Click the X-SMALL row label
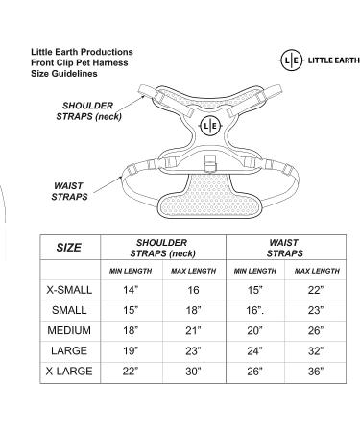pos(69,290)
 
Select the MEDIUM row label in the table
pos(69,330)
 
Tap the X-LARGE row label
pos(69,372)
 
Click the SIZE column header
pos(69,248)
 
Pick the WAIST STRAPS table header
pos(285,248)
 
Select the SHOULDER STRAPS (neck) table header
pos(162,248)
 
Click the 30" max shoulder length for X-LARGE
pos(193,372)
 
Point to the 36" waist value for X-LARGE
pos(316,372)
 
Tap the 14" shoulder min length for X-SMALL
pos(131,290)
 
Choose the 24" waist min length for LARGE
pos(254,351)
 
